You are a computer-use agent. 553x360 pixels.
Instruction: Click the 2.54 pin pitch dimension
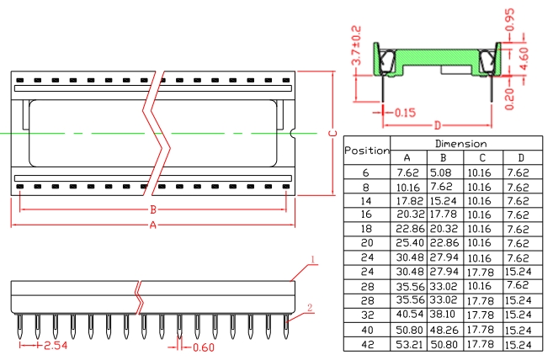click(56, 346)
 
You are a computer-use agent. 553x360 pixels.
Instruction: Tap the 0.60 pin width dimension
click(204, 347)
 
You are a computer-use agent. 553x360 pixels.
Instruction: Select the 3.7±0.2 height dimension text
click(356, 45)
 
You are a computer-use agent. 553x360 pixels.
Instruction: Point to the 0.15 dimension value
click(405, 113)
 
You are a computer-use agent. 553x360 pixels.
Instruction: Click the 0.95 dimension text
click(510, 19)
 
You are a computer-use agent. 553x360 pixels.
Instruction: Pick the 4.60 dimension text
click(524, 59)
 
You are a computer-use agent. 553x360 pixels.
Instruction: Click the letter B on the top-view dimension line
click(153, 209)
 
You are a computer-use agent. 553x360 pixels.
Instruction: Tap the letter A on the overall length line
click(152, 225)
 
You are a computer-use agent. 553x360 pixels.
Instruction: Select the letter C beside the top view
click(332, 133)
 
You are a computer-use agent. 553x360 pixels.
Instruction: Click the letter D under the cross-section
click(438, 125)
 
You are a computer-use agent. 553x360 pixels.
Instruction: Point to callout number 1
click(312, 260)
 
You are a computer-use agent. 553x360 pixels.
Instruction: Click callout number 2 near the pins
click(310, 308)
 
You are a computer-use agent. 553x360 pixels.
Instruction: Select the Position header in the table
click(367, 151)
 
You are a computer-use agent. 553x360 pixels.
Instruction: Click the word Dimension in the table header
click(461, 144)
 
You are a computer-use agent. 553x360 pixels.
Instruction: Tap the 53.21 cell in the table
click(409, 344)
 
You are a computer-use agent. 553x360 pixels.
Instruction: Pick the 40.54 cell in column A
click(409, 315)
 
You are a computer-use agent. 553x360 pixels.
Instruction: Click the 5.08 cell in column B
click(441, 172)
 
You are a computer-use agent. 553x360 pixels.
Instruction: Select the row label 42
click(367, 345)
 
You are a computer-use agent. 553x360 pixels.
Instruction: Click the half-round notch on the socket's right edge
click(292, 133)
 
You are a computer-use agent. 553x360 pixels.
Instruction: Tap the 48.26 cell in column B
click(444, 330)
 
